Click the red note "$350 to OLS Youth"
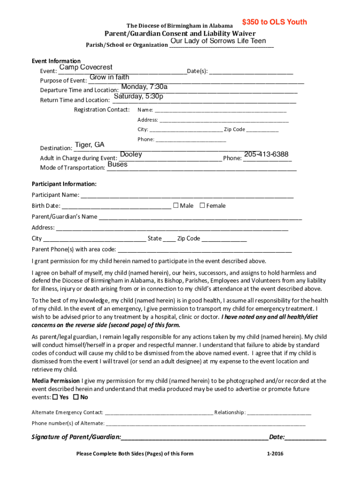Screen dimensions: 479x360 274,22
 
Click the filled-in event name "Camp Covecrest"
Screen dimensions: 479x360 86,67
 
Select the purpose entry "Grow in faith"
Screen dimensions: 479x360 109,77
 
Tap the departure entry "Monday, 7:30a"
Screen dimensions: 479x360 144,87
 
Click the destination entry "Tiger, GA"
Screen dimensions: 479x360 90,145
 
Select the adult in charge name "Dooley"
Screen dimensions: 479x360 131,154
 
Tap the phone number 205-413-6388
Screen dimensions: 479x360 266,154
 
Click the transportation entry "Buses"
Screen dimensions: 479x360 117,164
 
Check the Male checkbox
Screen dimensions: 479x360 176,205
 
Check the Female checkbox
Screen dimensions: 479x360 202,205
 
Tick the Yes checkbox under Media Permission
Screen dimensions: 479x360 55,397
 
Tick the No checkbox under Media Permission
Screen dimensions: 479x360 76,397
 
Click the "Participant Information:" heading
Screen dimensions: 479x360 64,184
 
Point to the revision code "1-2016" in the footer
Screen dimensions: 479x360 275,453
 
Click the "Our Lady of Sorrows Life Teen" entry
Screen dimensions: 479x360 218,41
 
